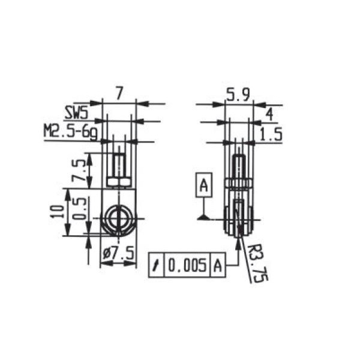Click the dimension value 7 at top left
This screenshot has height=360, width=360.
[119, 94]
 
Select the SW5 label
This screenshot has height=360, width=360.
[76, 113]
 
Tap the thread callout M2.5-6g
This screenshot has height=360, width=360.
[71, 131]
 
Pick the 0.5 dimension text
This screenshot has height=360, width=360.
[80, 209]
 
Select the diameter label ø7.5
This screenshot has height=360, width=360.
[118, 253]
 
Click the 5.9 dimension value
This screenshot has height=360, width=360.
[238, 94]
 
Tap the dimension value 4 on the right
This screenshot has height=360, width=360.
[269, 115]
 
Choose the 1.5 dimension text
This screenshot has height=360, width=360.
[271, 134]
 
